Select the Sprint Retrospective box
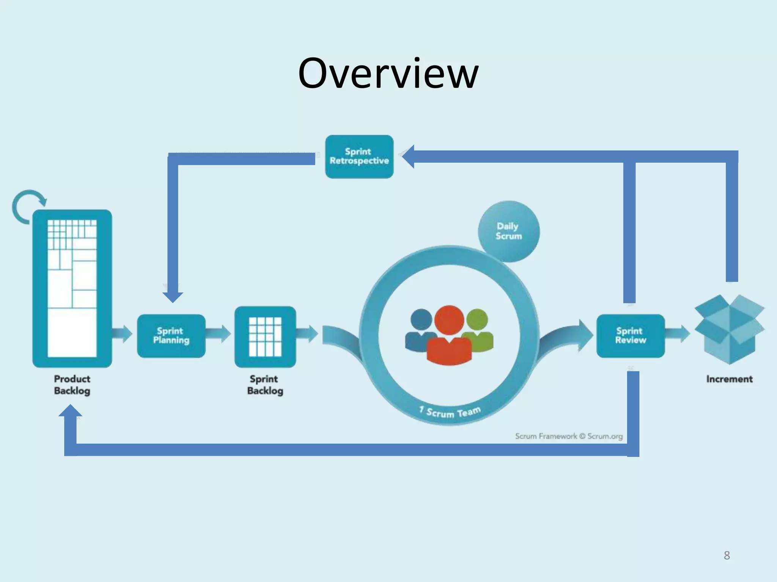pos(359,156)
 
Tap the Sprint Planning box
pos(171,336)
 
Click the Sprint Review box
pos(631,336)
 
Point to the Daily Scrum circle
pos(508,231)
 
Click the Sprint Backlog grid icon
pos(265,336)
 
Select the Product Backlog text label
pos(72,385)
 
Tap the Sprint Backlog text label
pos(265,385)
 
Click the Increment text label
pos(729,379)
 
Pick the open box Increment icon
pos(729,329)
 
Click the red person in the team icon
pos(449,337)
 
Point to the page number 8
pos(727,555)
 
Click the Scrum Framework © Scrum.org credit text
pos(569,436)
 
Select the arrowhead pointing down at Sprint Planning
pos(173,296)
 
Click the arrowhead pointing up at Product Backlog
pos(70,411)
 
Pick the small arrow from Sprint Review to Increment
pos(678,334)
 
